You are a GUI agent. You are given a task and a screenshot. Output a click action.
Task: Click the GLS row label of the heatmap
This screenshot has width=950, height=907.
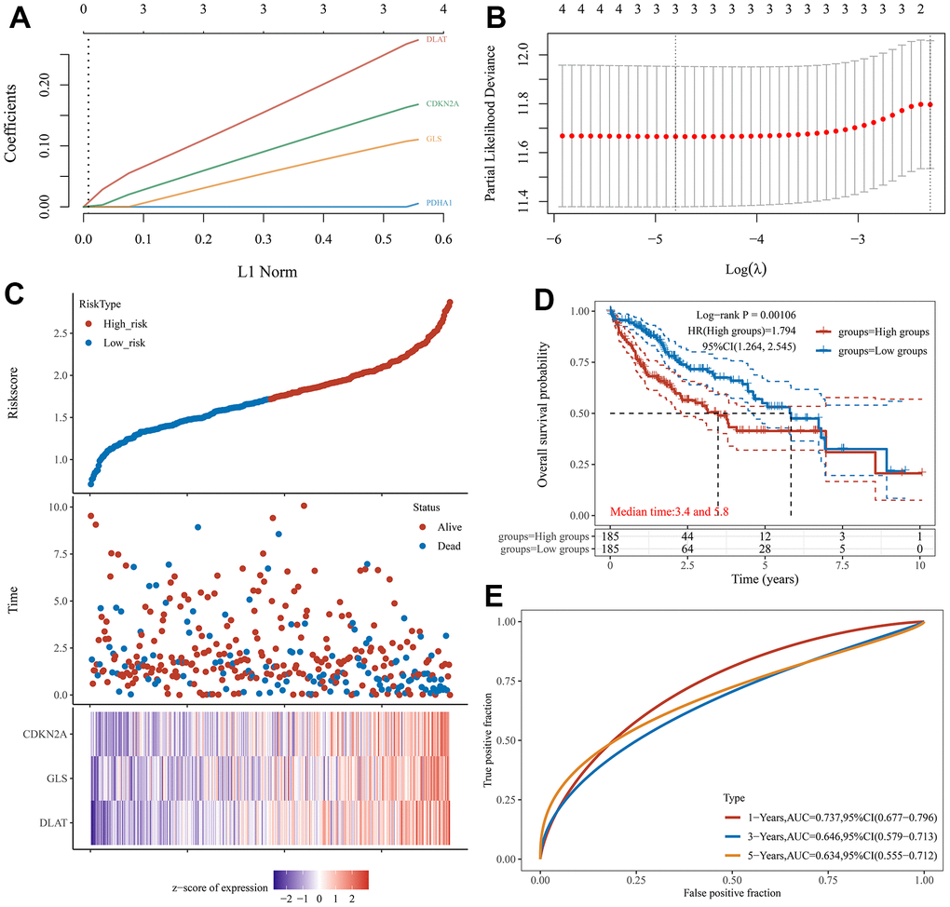point(66,778)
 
